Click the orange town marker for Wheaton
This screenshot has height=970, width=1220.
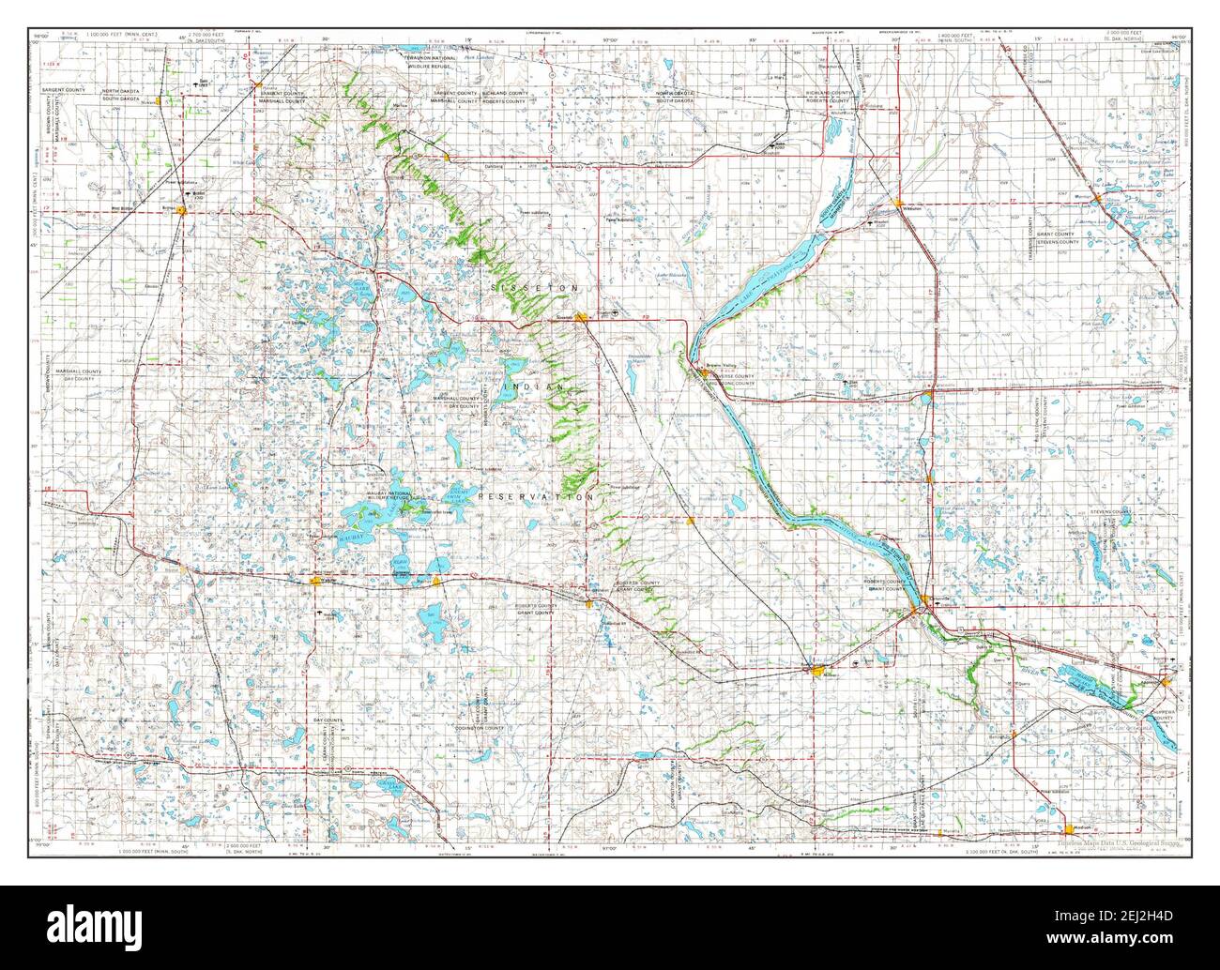899,203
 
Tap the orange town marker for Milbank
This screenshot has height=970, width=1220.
815,670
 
